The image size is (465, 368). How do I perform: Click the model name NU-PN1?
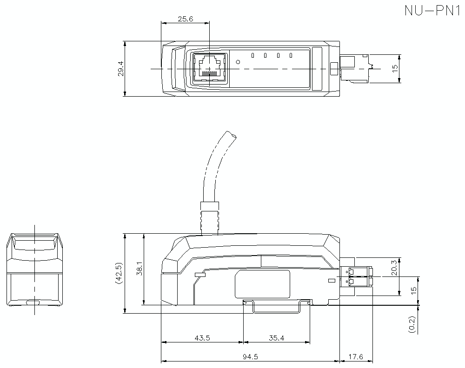pyautogui.click(x=432, y=11)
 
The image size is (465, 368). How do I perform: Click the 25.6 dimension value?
pyautogui.click(x=185, y=19)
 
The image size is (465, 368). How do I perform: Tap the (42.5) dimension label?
pyautogui.click(x=119, y=273)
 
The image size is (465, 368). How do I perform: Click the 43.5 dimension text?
pyautogui.click(x=201, y=338)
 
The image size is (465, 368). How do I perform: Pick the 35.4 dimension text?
pyautogui.click(x=276, y=338)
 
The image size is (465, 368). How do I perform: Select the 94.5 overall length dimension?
pyautogui.click(x=250, y=357)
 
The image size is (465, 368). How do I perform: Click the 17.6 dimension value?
pyautogui.click(x=355, y=357)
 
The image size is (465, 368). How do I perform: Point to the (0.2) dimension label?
pyautogui.click(x=412, y=323)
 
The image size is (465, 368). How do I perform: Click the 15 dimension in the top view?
pyautogui.click(x=395, y=68)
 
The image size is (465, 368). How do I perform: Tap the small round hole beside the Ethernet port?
pyautogui.click(x=239, y=62)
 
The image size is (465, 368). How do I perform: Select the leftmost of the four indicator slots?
pyautogui.click(x=252, y=56)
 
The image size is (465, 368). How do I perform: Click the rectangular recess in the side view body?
pyautogui.click(x=262, y=284)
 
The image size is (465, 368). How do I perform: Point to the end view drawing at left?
pyautogui.click(x=35, y=269)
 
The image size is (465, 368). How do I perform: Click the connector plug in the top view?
pyautogui.click(x=356, y=69)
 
